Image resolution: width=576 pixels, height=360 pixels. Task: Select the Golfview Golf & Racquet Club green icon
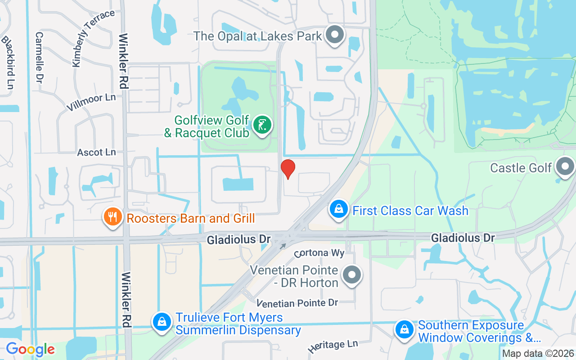point(261,125)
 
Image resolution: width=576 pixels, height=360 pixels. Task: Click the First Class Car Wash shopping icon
point(338,209)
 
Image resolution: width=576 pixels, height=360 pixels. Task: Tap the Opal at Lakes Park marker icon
point(334,35)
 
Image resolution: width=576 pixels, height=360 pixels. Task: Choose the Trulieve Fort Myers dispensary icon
point(162,322)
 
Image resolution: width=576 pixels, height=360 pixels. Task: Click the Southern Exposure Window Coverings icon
point(404,330)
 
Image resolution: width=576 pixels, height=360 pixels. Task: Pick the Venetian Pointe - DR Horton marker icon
point(352,274)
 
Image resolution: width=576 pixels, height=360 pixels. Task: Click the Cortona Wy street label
point(319,253)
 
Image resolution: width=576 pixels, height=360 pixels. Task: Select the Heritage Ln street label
point(333,346)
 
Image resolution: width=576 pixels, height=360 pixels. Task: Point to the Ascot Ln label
point(96,153)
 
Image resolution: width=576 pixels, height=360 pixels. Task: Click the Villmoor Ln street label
point(91,102)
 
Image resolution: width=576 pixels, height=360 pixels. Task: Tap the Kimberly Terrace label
point(93,38)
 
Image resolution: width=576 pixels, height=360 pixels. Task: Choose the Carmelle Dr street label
point(40,57)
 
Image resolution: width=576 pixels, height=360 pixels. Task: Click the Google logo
point(30,349)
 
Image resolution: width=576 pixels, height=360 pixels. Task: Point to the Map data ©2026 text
point(538,354)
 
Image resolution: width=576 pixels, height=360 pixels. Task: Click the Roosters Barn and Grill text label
point(191,219)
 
